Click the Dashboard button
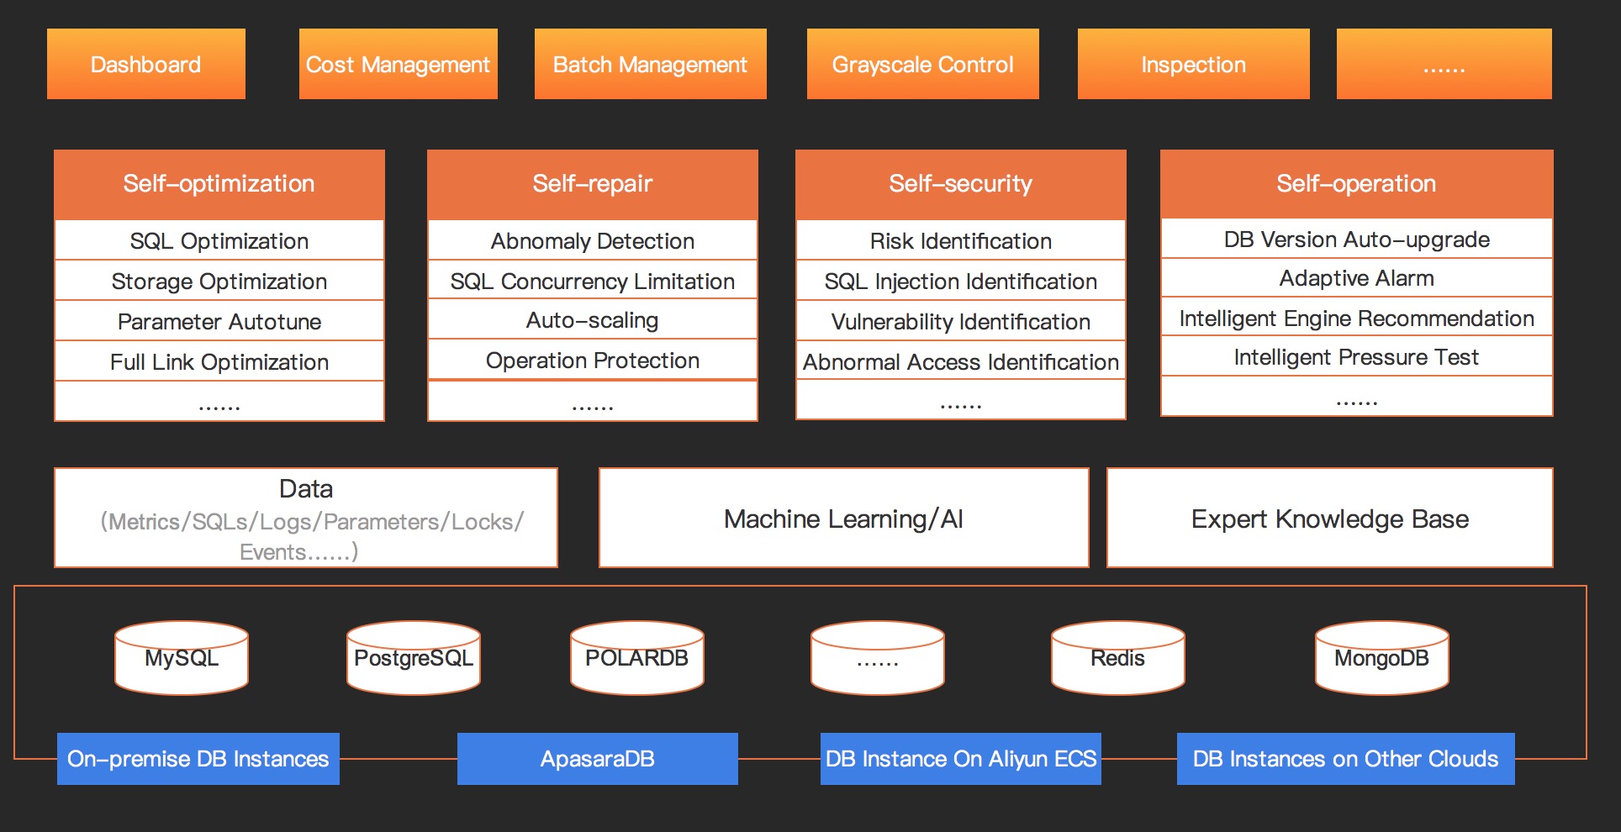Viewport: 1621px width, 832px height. [x=146, y=64]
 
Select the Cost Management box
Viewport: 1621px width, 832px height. [x=399, y=64]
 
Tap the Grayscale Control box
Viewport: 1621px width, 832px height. [x=923, y=64]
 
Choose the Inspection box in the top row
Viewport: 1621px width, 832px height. [x=1194, y=64]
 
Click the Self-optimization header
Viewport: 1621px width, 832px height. [x=219, y=184]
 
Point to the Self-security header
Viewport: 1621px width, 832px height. [x=961, y=184]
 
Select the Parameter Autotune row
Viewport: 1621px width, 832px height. [x=219, y=321]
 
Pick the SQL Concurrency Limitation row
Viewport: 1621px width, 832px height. [x=593, y=281]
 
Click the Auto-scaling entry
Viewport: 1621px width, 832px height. [x=593, y=319]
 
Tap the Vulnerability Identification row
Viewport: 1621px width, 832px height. [x=961, y=321]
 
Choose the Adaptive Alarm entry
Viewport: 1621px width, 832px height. [x=1357, y=278]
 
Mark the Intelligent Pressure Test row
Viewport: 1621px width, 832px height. [x=1357, y=357]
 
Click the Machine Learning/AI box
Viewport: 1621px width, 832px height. [x=844, y=518]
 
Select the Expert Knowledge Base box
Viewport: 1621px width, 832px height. [x=1330, y=518]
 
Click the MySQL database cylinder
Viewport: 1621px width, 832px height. [x=182, y=658]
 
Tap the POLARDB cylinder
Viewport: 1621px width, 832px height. [x=637, y=658]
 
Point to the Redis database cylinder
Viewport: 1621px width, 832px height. [x=1118, y=658]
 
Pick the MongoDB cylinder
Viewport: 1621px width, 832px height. [x=1382, y=658]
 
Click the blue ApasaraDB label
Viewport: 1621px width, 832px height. [x=598, y=759]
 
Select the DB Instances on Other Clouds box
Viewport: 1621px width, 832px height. [x=1346, y=759]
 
